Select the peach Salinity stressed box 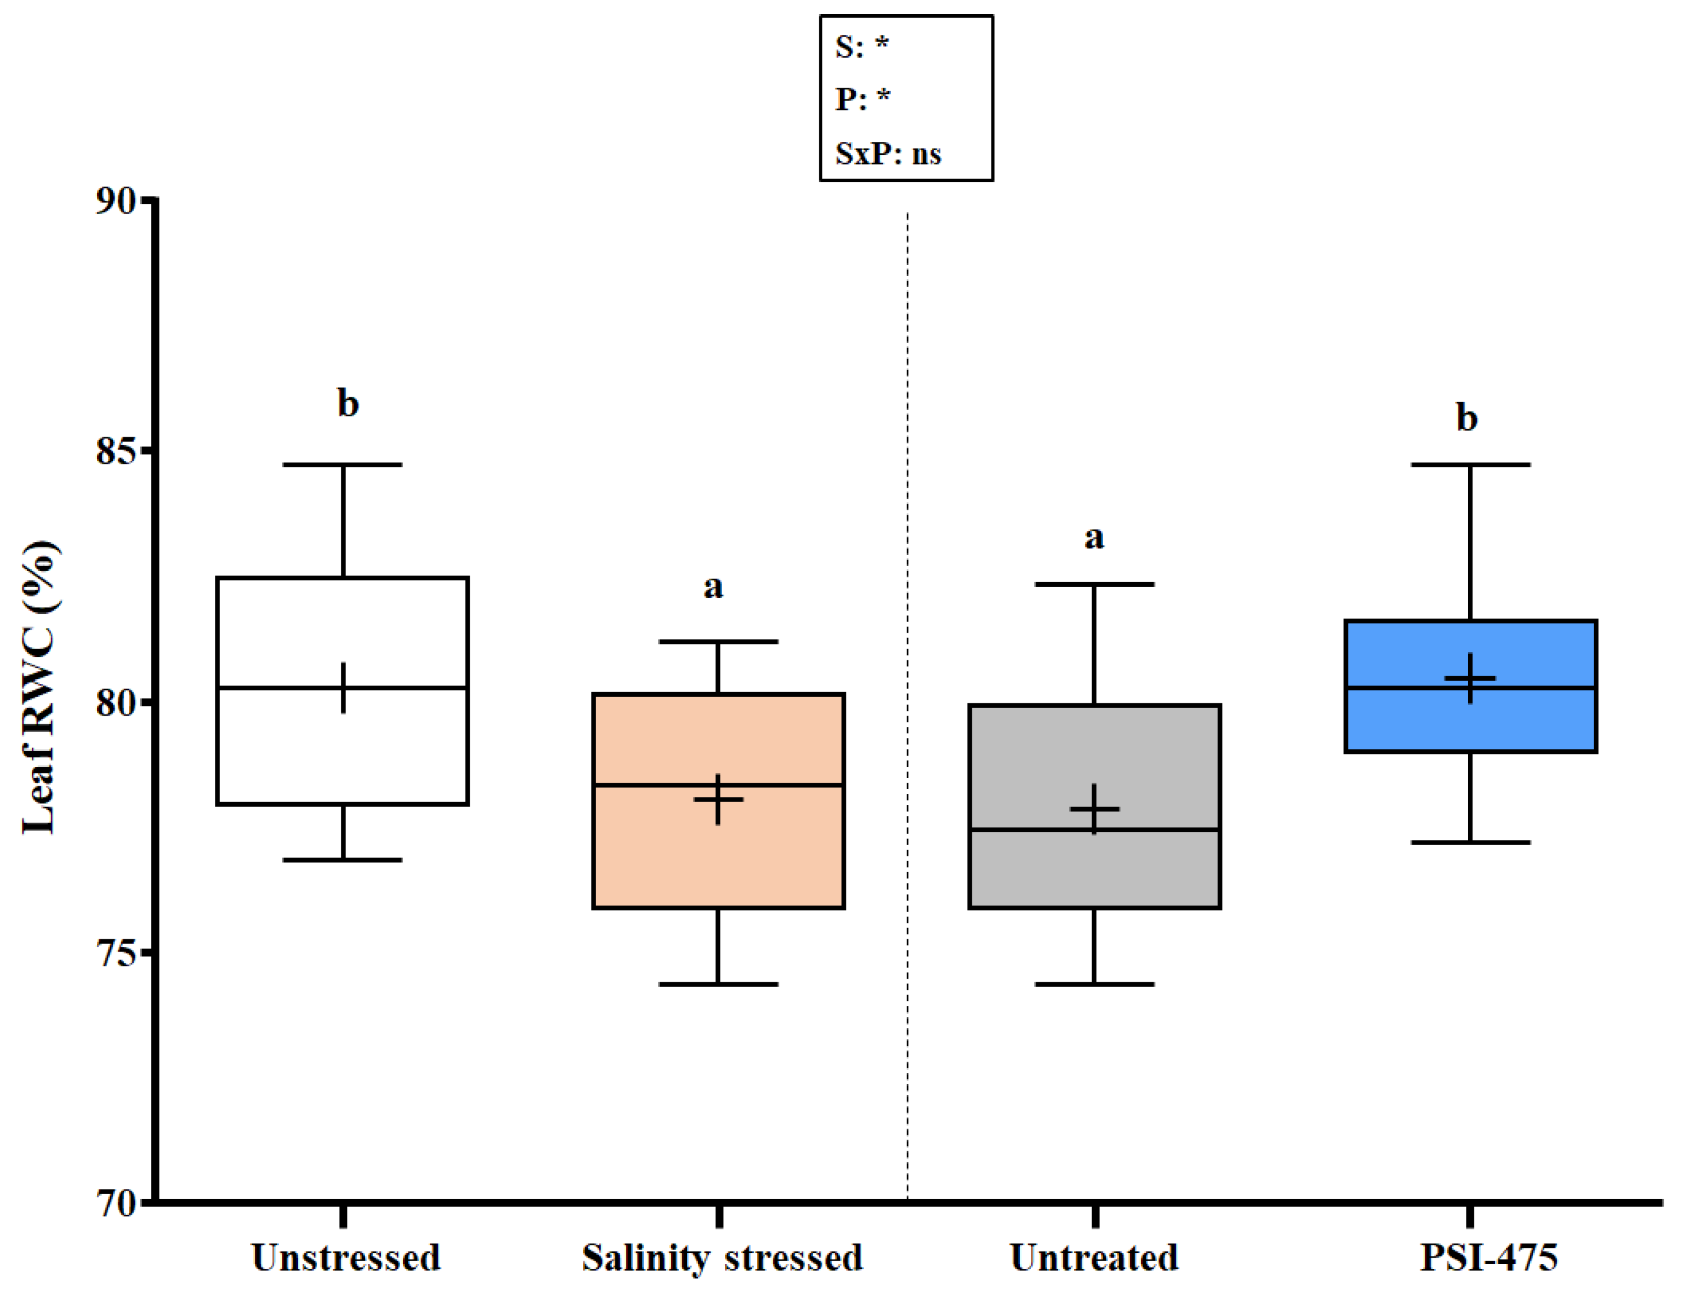point(718,855)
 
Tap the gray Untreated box point(1094,870)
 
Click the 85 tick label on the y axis point(116,452)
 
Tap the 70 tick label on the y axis point(116,1203)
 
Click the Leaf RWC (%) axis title point(38,687)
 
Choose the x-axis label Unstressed point(345,1258)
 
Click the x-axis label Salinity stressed point(722,1258)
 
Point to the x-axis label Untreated point(1094,1258)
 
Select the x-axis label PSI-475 point(1488,1258)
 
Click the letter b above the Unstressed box point(348,403)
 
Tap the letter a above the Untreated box point(1094,537)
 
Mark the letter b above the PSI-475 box point(1467,418)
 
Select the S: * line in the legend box point(862,46)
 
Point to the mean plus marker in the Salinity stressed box point(718,800)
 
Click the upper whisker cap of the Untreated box point(1094,584)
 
